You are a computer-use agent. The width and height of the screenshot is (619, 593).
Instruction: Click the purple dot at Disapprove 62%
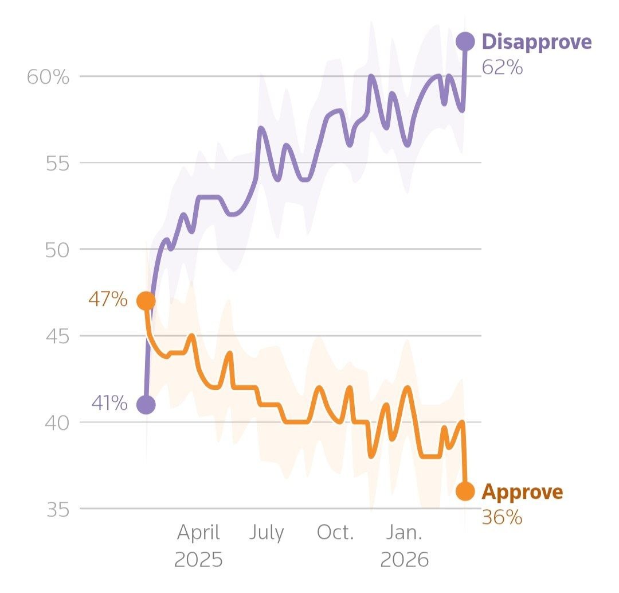coord(465,41)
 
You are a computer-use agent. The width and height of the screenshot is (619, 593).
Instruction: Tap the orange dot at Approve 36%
coord(465,491)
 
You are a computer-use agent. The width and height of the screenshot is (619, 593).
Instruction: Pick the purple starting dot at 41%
coord(146,405)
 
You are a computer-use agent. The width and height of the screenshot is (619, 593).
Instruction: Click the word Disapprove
coord(537,42)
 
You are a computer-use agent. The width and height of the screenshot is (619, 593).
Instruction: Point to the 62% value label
coord(502,67)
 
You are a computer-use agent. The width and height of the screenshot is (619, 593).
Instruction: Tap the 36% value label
coord(502,517)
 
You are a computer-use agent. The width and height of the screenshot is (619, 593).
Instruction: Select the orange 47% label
coord(108,299)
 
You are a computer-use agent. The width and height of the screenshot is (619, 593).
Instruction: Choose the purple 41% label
coord(109,403)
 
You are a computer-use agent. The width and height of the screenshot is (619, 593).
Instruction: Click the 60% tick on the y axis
coord(48,77)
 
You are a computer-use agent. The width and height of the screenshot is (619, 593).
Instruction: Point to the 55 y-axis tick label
coord(57,163)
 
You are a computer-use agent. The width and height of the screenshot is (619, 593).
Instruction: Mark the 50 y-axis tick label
coord(57,250)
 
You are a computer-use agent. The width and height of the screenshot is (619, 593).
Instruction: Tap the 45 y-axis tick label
coord(57,336)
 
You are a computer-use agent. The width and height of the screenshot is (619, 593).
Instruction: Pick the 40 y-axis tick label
coord(57,423)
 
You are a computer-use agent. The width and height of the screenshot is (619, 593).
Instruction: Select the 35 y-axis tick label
coord(58,510)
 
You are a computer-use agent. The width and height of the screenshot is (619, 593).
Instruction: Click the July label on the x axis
coord(267,533)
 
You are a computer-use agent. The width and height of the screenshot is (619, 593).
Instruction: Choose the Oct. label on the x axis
coord(335,533)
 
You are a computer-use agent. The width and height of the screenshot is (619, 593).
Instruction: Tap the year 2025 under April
coord(198,560)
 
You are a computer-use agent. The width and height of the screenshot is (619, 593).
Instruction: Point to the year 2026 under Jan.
coord(405,560)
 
